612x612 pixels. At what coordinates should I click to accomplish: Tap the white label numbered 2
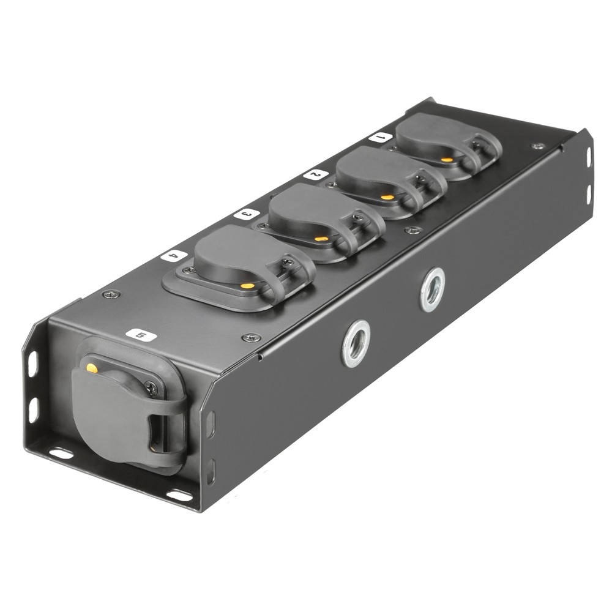click(x=315, y=174)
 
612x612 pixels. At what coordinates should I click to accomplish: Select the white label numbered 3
click(x=245, y=214)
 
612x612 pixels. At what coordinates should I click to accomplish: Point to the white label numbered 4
click(x=174, y=256)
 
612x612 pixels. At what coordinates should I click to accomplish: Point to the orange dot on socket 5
click(x=92, y=368)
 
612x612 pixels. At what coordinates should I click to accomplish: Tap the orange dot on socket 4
click(x=247, y=285)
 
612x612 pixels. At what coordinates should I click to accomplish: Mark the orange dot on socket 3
click(x=319, y=239)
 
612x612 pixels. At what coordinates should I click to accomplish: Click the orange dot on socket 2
click(x=387, y=198)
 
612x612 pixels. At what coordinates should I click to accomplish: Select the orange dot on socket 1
click(x=448, y=160)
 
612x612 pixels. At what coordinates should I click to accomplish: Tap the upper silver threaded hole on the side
click(x=433, y=289)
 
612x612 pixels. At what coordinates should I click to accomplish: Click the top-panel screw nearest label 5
click(x=252, y=337)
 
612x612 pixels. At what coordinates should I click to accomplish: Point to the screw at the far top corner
click(x=538, y=146)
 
